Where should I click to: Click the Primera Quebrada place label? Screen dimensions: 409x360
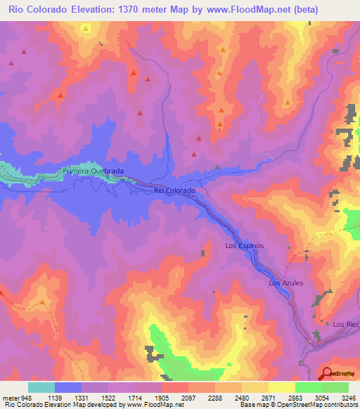[x=93, y=171]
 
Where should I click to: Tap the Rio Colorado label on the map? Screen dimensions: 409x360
[x=174, y=190]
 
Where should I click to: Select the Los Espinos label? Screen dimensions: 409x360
[x=244, y=246]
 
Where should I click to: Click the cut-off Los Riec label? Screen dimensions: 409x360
[x=346, y=324]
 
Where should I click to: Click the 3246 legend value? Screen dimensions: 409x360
[x=347, y=397]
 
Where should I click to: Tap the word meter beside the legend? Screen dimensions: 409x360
[x=12, y=397]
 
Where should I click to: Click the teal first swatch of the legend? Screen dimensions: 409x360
[x=41, y=387]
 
